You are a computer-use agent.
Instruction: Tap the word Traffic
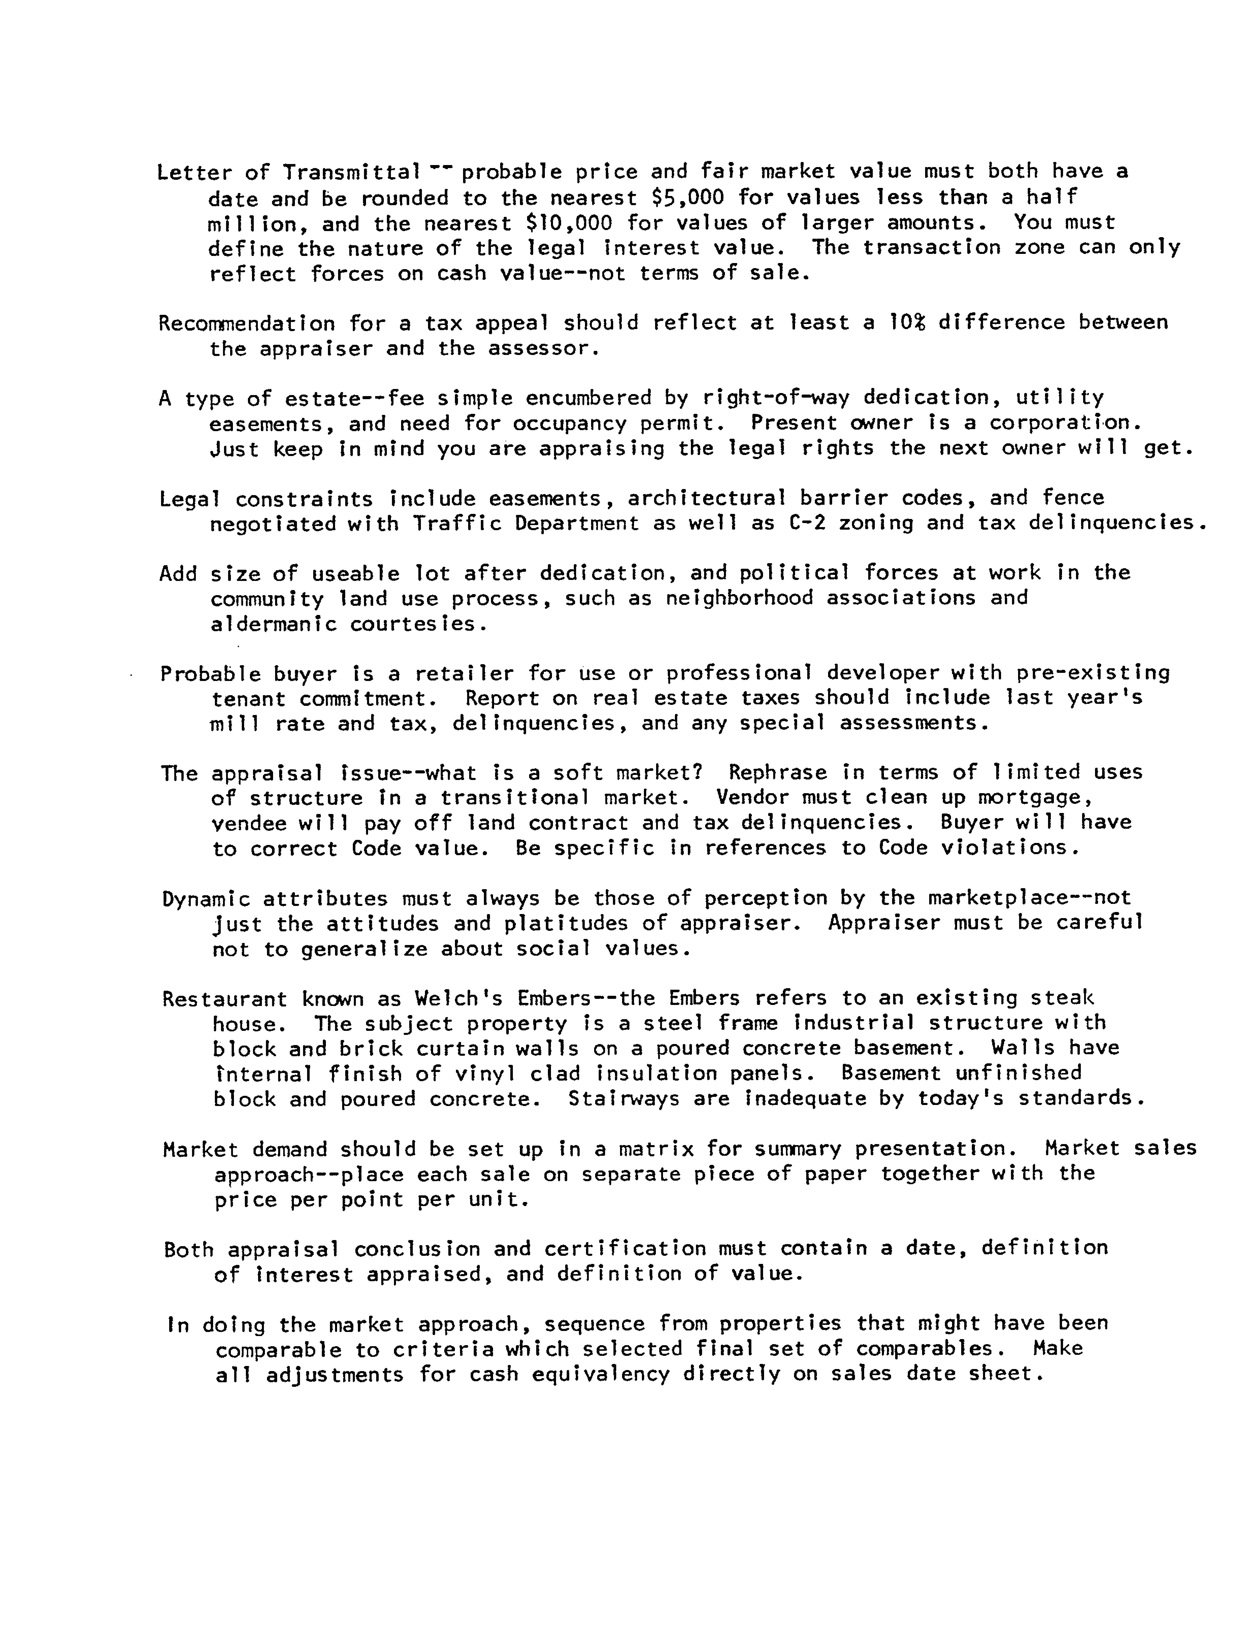(x=458, y=523)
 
